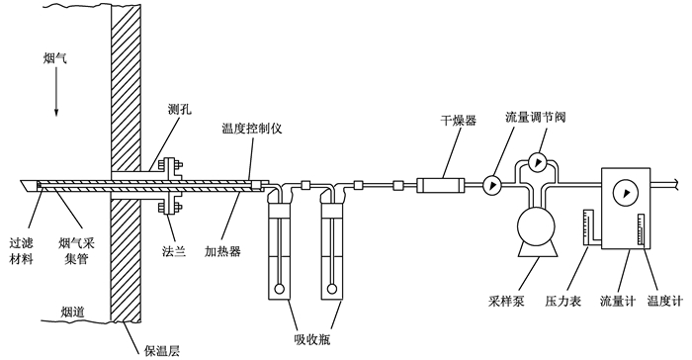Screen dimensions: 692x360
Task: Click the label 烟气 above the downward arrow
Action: [x=55, y=58]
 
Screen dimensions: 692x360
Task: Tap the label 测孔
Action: [x=180, y=109]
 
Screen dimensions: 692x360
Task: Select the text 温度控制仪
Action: [x=251, y=129]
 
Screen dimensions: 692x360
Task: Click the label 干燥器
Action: [x=459, y=120]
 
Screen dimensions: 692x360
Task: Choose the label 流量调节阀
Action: [x=536, y=117]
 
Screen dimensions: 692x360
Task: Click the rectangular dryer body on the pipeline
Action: [x=441, y=185]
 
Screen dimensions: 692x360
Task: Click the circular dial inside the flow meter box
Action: [x=626, y=193]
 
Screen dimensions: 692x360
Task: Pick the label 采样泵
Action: [x=506, y=302]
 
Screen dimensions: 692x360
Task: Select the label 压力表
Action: [x=562, y=302]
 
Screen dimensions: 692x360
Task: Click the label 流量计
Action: [x=618, y=302]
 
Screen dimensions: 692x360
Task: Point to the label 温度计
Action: [x=664, y=302]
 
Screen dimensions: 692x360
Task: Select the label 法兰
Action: [x=173, y=251]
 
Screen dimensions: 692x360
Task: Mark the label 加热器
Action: [x=222, y=251]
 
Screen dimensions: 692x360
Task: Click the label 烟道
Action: [x=72, y=313]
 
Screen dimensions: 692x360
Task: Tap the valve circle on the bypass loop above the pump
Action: [x=538, y=162]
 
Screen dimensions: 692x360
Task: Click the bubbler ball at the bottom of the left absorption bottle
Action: [x=279, y=290]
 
